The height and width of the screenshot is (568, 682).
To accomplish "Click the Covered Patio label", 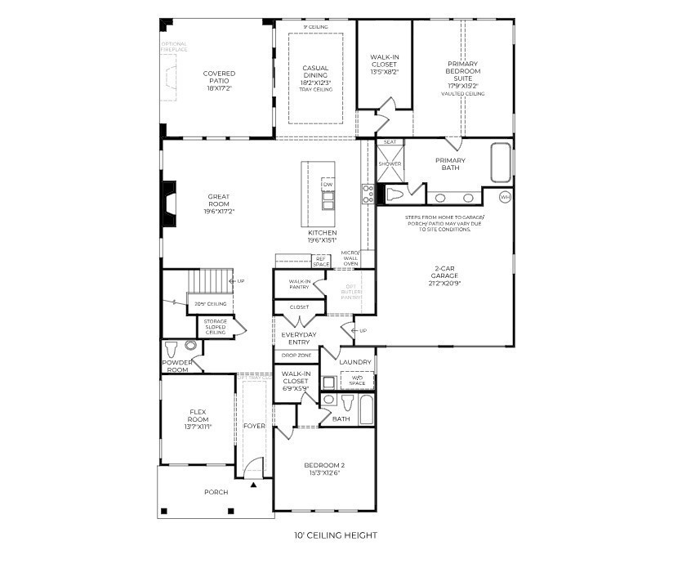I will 219,78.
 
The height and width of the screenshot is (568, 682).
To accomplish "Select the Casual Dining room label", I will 315,74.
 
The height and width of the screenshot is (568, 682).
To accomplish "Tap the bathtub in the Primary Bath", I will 500,163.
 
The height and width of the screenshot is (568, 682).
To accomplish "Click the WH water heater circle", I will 504,197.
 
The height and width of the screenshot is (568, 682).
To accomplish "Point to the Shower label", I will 390,164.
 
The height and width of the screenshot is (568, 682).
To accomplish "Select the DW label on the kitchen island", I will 328,186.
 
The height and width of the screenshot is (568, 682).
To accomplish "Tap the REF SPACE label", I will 321,262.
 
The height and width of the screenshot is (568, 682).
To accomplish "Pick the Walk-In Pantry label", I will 298,284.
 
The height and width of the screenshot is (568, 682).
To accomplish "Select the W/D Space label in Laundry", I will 356,380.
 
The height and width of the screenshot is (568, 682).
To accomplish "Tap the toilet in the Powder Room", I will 170,347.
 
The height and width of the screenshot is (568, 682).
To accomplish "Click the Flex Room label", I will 199,418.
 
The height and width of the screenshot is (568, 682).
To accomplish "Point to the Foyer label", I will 254,427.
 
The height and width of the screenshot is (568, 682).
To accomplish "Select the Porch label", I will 216,492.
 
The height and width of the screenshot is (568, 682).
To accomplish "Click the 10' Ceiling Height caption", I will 336,536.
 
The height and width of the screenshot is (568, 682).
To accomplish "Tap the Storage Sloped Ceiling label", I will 216,327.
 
